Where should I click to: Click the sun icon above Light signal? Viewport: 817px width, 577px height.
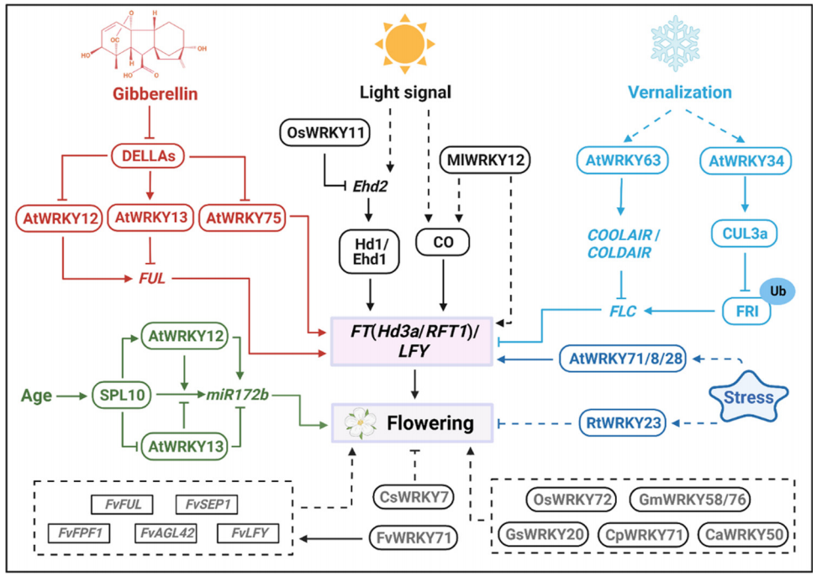pos(406,44)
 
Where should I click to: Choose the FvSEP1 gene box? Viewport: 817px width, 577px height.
pos(206,504)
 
